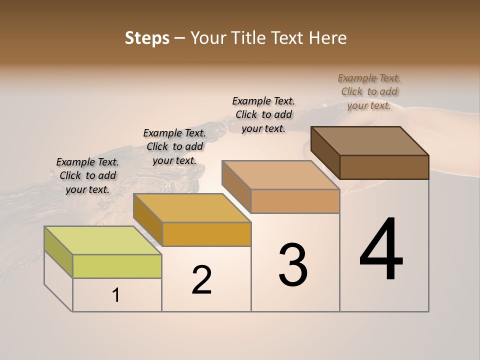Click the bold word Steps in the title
coord(147,38)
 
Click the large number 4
coord(381,250)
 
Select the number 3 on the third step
coord(293,265)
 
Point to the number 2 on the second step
coord(202,280)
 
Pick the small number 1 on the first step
coord(116,295)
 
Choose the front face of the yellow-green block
coord(117,266)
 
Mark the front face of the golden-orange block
coord(206,234)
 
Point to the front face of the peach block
coord(295,201)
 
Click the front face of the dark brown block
coord(384,167)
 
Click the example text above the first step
coord(87,175)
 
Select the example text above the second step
coord(174,146)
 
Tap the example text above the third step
coord(263,114)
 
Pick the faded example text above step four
coord(369,91)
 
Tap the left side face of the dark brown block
coord(325,152)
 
